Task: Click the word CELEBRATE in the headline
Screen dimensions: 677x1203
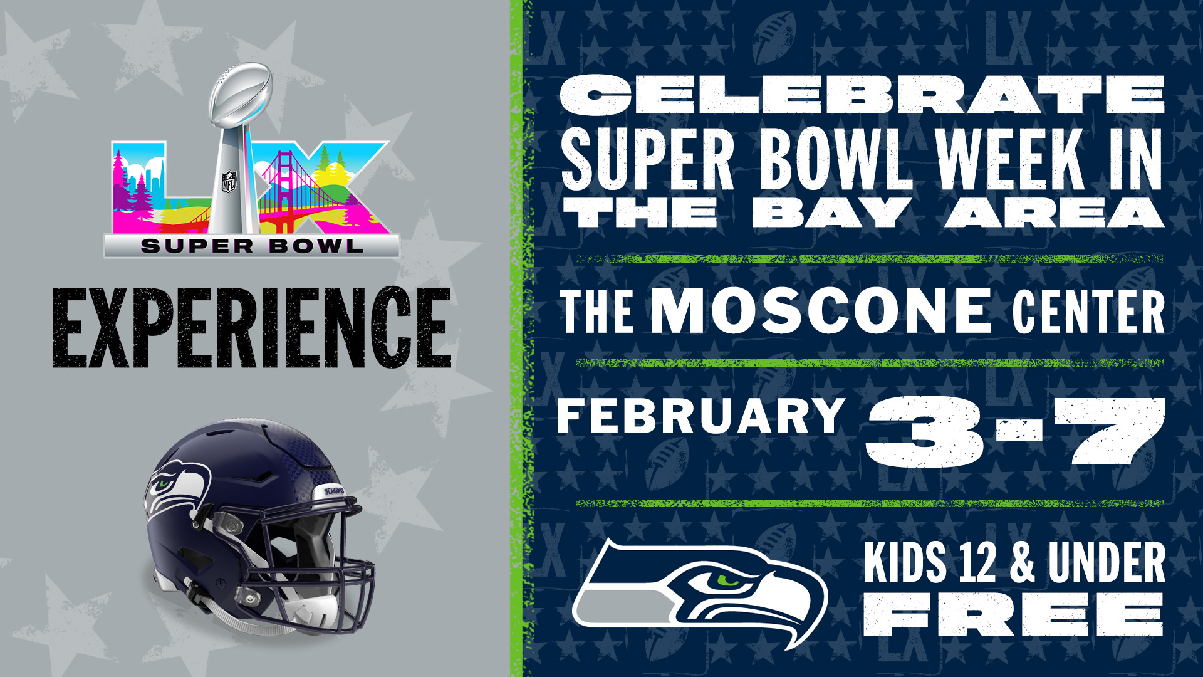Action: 862,95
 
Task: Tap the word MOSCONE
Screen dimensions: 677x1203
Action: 820,310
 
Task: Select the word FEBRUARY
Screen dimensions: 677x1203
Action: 701,416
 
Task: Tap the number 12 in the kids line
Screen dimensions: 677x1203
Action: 969,562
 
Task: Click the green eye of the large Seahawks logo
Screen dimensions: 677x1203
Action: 727,580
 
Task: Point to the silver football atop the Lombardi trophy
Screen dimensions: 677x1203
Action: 241,91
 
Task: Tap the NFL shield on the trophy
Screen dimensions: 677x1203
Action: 229,181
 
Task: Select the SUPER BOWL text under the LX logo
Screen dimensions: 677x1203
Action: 252,246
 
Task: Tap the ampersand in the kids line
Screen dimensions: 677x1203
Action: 1021,562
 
